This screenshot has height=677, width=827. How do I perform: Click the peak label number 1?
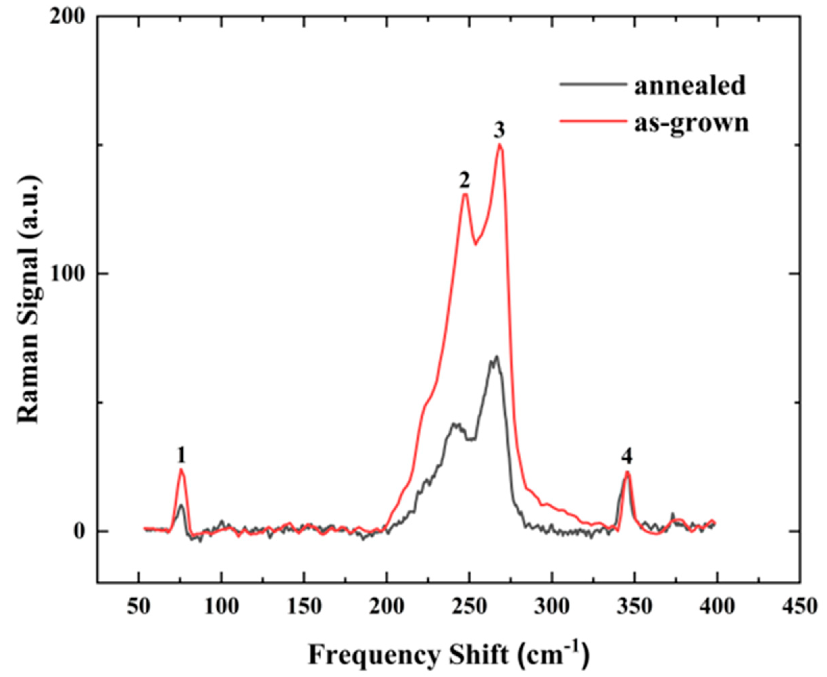181,455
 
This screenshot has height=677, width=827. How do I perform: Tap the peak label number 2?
464,180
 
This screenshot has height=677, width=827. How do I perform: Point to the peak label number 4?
627,457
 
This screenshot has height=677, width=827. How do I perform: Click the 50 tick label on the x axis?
139,607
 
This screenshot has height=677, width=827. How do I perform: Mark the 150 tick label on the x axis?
304,607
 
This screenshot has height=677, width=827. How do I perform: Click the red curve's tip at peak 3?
500,145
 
